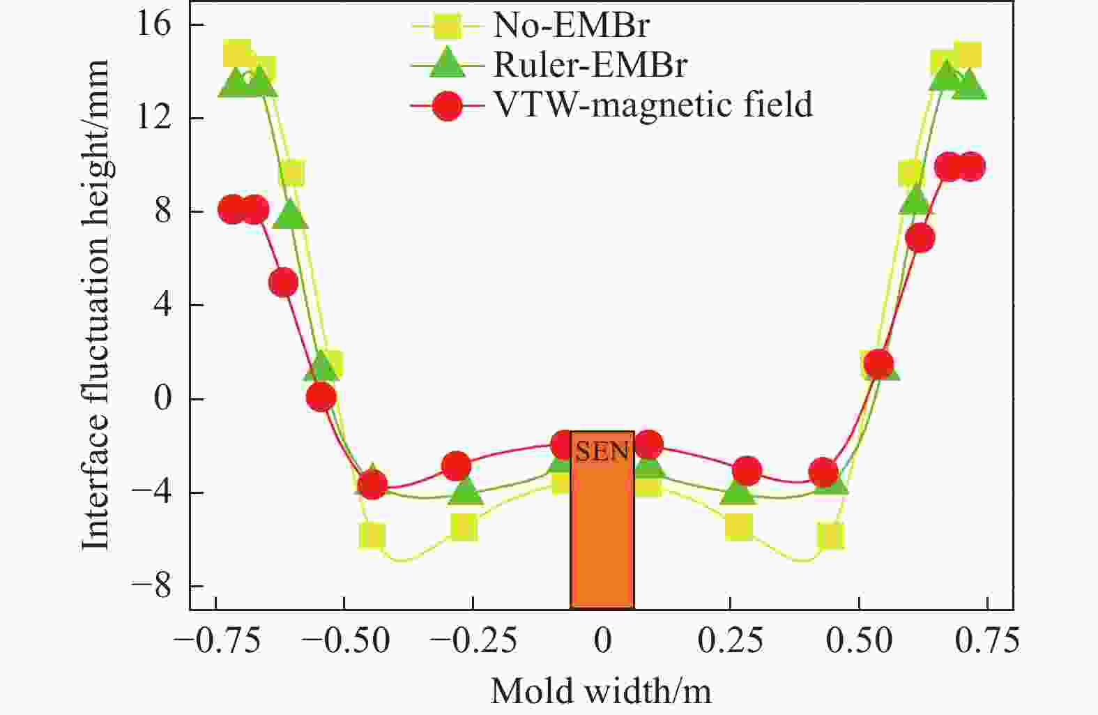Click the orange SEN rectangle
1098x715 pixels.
602,530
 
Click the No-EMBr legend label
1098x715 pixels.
571,26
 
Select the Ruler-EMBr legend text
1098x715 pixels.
590,65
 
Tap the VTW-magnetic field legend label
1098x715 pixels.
653,105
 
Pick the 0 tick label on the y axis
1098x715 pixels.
162,399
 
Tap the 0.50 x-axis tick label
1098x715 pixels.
860,640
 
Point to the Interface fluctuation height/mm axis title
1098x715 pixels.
96,305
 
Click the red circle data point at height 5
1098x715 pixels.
283,283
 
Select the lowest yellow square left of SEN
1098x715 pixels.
372,536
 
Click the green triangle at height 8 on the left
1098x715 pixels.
291,216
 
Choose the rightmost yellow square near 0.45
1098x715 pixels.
830,536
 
